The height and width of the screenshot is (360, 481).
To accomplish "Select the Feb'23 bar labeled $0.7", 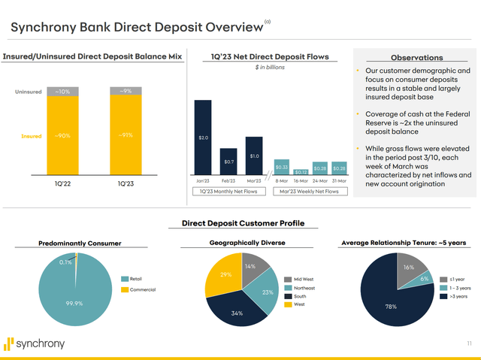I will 229,159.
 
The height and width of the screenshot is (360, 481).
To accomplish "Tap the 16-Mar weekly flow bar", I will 301,172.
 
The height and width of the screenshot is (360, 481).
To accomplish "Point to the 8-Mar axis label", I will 282,181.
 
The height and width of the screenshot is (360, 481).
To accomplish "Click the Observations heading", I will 416,57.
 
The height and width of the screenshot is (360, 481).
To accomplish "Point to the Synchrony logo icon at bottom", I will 9,343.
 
